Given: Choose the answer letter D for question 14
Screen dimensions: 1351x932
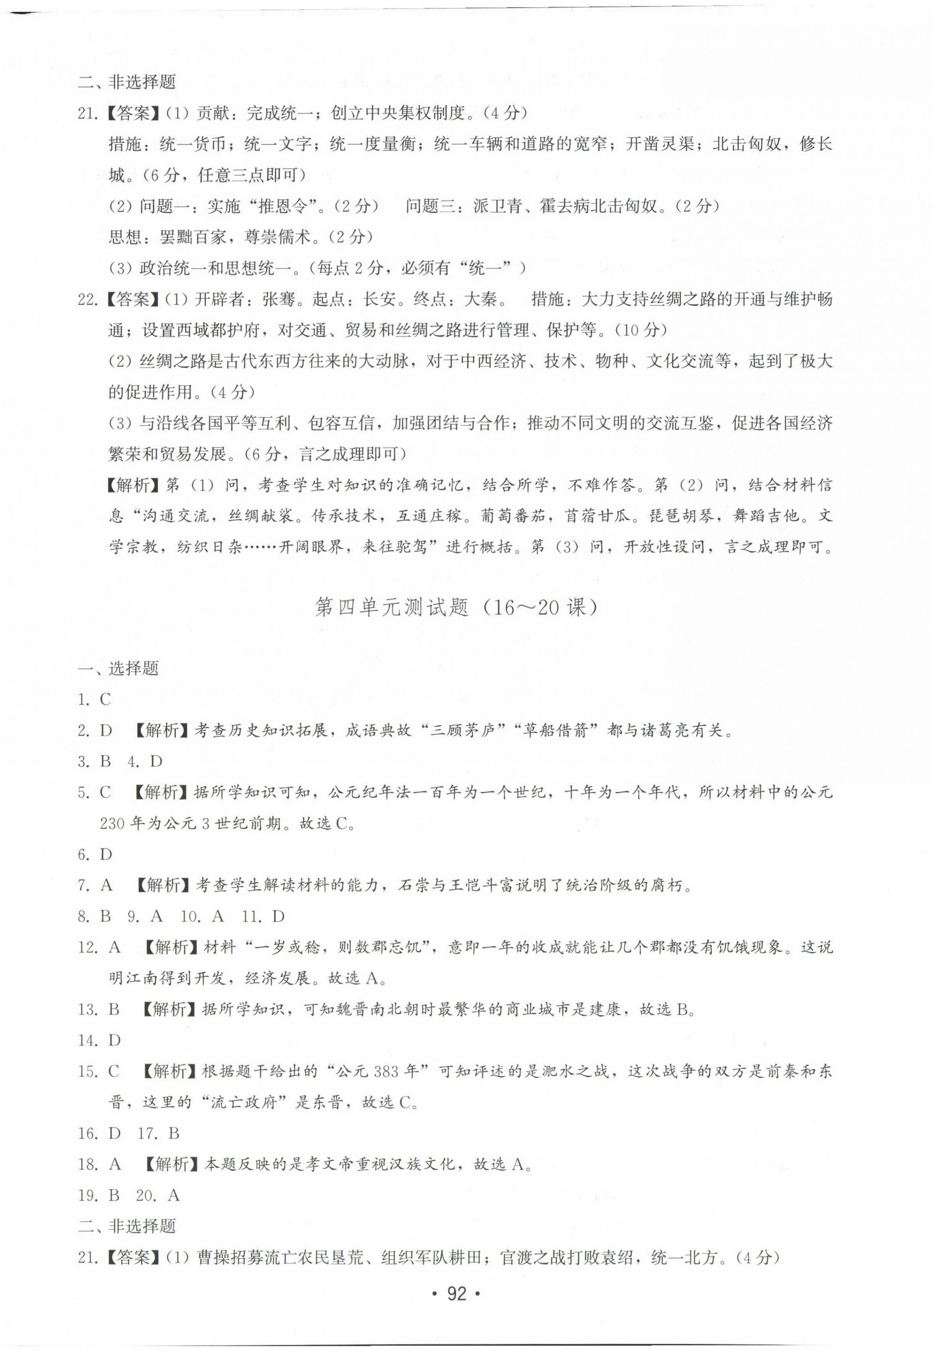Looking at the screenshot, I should (x=114, y=1040).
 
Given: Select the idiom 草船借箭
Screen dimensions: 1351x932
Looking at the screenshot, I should (x=555, y=730).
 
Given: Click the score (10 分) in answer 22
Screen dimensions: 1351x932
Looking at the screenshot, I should (x=641, y=330).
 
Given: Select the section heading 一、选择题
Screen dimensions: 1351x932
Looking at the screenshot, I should (x=118, y=668).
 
